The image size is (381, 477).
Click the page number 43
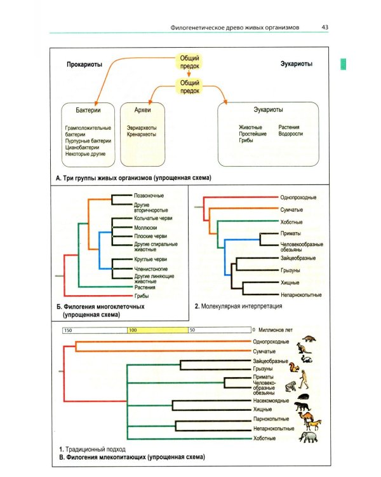324,27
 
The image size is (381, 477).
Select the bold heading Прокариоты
84,64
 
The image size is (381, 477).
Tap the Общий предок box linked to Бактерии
190,62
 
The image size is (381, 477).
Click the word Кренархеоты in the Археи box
141,134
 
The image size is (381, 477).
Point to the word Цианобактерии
82,148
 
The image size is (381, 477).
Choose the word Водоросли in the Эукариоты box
290,134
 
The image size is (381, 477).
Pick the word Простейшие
253,134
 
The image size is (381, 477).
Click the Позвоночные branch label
149,196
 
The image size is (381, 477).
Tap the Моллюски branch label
145,228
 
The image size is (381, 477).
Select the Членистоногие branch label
151,269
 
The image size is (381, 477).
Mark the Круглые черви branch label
150,259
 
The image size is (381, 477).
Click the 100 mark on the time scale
133,330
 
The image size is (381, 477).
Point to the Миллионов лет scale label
275,329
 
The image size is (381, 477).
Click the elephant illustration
308,437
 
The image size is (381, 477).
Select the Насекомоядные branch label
271,401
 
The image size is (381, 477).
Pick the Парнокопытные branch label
271,419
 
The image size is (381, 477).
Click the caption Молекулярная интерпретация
241,306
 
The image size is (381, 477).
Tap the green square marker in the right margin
343,64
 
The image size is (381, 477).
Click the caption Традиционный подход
95,449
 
